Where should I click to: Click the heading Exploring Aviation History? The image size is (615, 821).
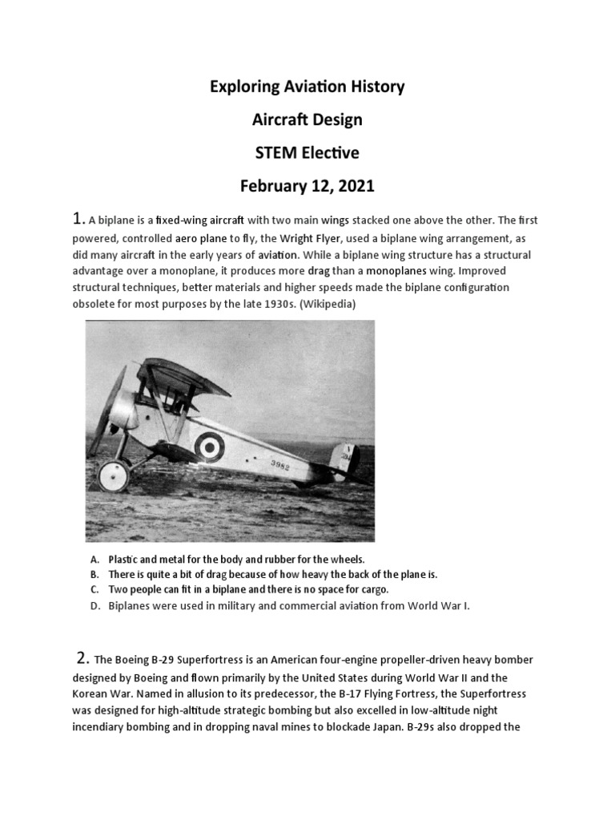[307, 86]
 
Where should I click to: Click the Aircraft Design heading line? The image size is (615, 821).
[307, 119]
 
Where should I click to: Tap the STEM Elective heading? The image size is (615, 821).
[307, 153]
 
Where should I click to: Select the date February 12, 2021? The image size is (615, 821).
[307, 187]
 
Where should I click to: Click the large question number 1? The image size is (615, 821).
[78, 219]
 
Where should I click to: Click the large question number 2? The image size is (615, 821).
[82, 658]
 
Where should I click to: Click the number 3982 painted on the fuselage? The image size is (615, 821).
[281, 465]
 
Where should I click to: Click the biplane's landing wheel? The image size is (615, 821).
[112, 475]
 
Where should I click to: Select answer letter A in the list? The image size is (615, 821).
[94, 559]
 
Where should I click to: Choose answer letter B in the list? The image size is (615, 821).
[94, 574]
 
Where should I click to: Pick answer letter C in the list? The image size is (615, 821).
[94, 589]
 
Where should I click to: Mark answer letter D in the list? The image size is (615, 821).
[94, 605]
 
